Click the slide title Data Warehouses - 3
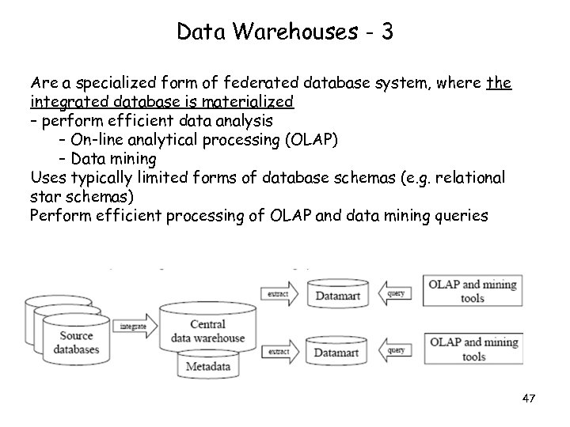[x=285, y=32]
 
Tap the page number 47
[x=529, y=399]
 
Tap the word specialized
[x=112, y=82]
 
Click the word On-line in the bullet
[x=97, y=139]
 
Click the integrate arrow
[x=135, y=325]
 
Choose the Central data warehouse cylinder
[x=207, y=331]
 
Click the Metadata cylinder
[x=207, y=367]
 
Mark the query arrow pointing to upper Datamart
[x=396, y=293]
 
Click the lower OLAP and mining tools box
[x=473, y=349]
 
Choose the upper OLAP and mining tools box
[x=473, y=291]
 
